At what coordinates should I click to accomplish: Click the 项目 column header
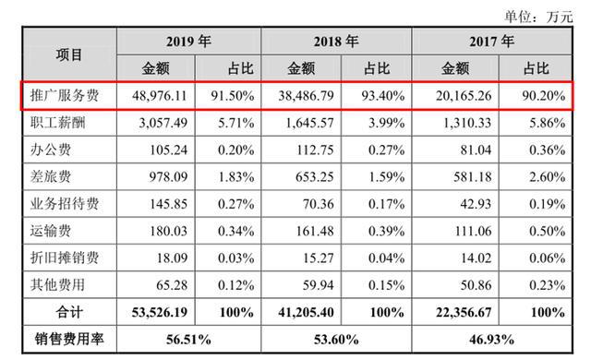coord(69,55)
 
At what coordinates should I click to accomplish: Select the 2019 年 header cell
coord(188,41)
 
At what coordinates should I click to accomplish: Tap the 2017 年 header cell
coord(492,41)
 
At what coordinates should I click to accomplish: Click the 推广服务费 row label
coord(65,96)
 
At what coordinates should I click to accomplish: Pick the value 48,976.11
coord(160,96)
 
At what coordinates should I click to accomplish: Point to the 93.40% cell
coord(383,96)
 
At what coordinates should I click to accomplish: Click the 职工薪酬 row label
coord(57,123)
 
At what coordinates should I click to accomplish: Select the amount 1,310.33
coord(467,123)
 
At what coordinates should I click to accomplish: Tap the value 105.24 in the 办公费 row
coord(168,150)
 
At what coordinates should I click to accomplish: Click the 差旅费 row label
coord(51,176)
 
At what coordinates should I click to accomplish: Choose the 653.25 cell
coord(315,177)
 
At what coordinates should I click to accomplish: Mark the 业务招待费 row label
coord(65,204)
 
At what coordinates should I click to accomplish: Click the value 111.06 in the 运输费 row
coord(473,231)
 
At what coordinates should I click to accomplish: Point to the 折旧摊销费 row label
coord(65,258)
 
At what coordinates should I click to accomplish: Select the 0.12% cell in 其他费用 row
coord(236,285)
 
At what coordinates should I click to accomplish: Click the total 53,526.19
coord(160,313)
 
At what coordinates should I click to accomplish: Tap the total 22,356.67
coord(464,313)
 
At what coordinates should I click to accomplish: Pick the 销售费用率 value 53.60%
coord(336,340)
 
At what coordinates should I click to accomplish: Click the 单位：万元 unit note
coord(539,17)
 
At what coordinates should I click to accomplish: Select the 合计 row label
coord(69,312)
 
